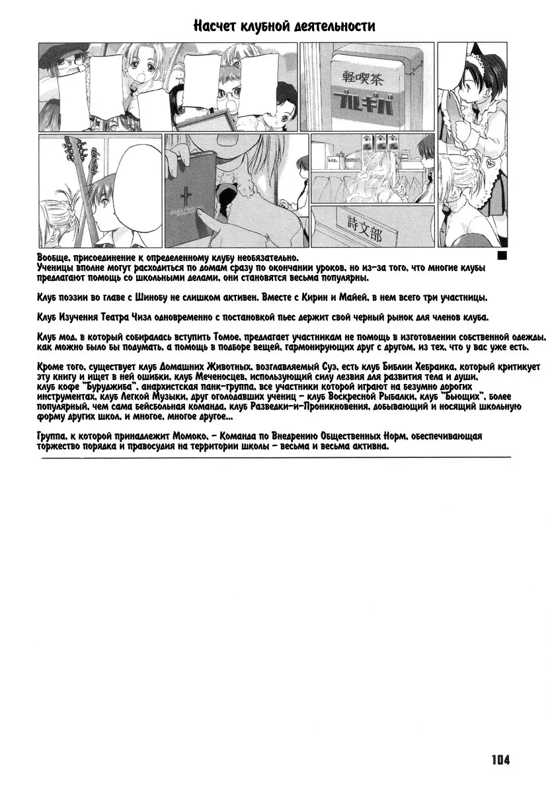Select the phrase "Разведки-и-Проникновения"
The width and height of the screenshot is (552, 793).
tap(324, 408)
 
